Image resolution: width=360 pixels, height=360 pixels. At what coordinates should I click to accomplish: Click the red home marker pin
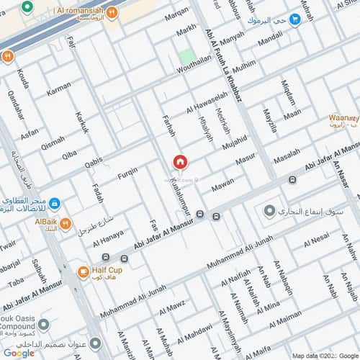pyautogui.click(x=180, y=162)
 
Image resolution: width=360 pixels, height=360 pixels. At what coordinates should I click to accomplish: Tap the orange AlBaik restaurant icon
pyautogui.click(x=66, y=224)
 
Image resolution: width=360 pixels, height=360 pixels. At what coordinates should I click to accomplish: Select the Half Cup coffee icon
pyautogui.click(x=84, y=272)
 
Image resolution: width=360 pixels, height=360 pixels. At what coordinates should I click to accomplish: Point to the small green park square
pyautogui.click(x=187, y=56)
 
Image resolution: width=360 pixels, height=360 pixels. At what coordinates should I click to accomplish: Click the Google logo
pyautogui.click(x=18, y=353)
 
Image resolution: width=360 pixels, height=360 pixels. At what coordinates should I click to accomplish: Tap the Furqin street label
pyautogui.click(x=127, y=174)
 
